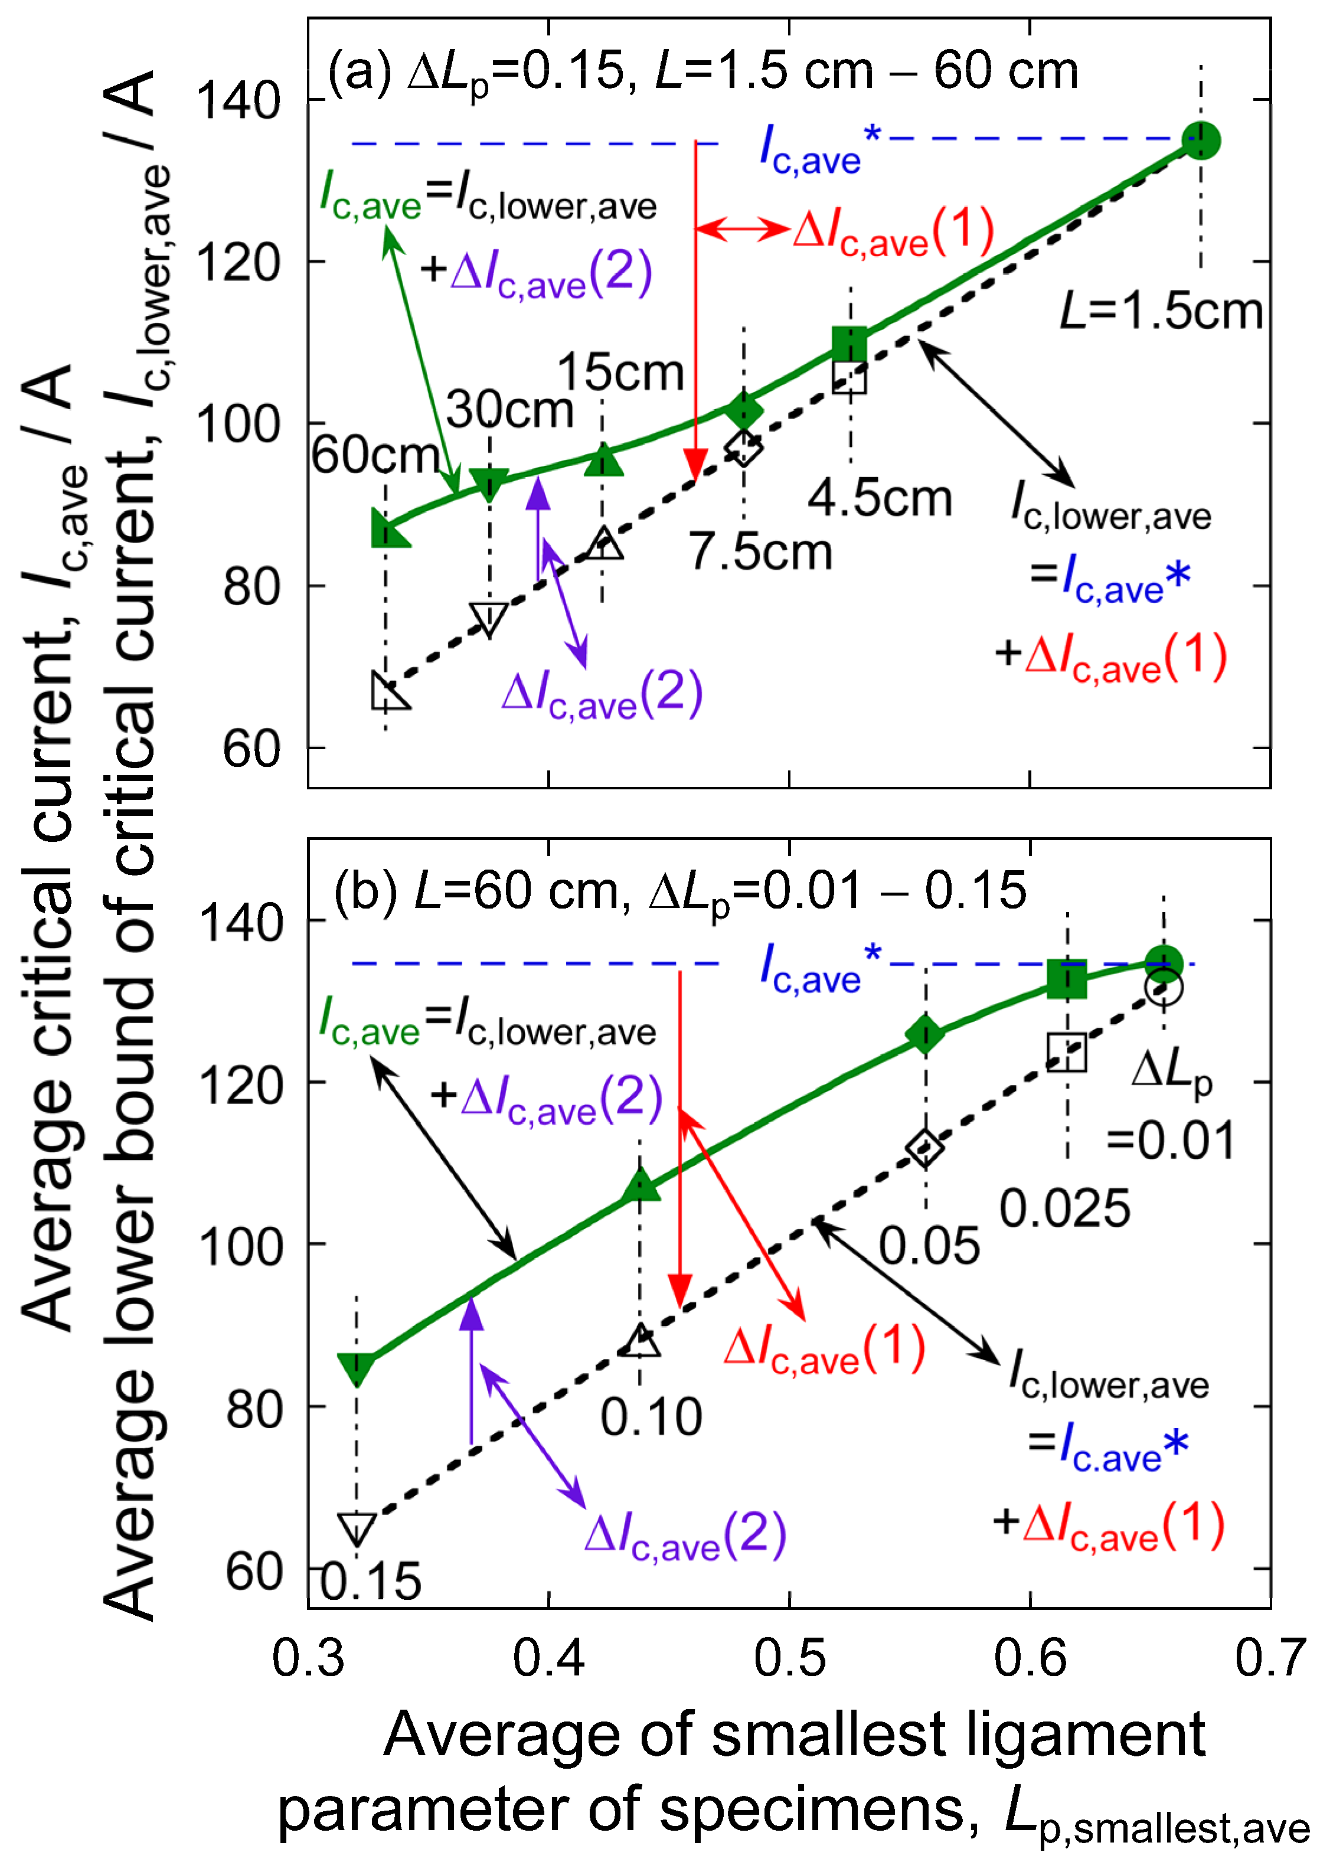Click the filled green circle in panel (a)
click(x=1201, y=141)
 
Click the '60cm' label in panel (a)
click(x=375, y=455)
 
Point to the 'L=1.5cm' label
click(x=1161, y=311)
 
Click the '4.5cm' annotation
click(x=880, y=498)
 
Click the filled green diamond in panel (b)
click(x=925, y=1035)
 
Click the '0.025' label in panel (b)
click(x=1065, y=1208)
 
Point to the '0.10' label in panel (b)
click(x=651, y=1417)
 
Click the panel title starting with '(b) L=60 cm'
click(x=679, y=891)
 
